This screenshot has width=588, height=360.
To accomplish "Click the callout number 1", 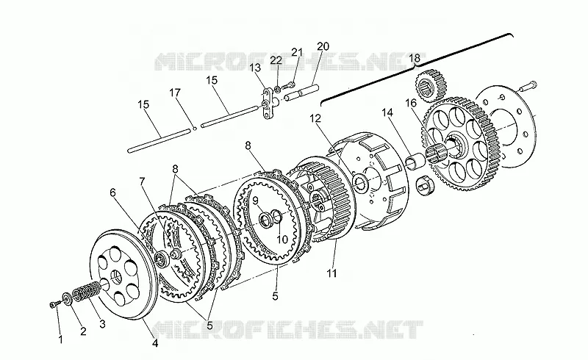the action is tap(60, 339).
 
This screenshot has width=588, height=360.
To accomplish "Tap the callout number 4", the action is tap(155, 343).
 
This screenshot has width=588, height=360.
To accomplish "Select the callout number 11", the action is tap(331, 273).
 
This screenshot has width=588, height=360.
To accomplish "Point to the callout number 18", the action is tap(415, 58).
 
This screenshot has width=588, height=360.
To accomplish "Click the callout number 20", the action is tap(323, 46).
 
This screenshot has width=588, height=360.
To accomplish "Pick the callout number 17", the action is tap(175, 93).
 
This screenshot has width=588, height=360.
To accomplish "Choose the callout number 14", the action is tap(387, 112).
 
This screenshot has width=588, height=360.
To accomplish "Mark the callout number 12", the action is tap(316, 118).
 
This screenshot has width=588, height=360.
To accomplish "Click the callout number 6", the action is tap(113, 192).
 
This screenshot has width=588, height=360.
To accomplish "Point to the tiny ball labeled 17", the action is tap(195, 129).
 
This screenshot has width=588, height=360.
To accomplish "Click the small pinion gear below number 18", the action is tap(431, 85).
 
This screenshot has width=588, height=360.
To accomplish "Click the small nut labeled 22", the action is tap(277, 90).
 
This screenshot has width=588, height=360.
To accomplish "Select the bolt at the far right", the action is tap(528, 86).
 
